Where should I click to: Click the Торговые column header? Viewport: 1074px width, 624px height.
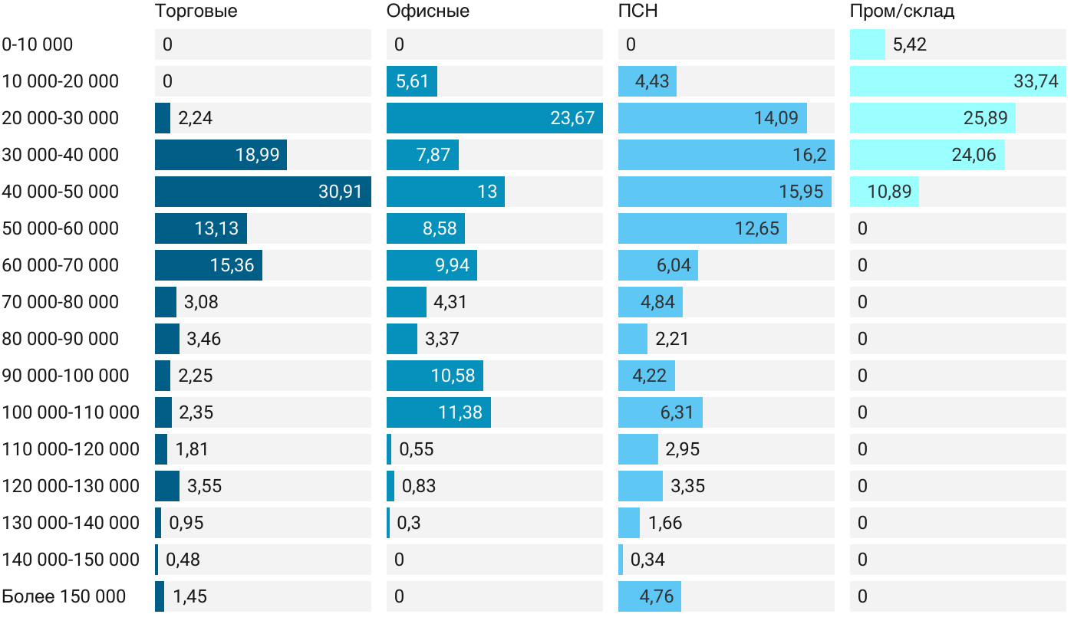tap(196, 11)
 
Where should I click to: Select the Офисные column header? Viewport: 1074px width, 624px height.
tap(428, 11)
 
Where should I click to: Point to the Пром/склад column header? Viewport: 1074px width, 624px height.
tap(902, 11)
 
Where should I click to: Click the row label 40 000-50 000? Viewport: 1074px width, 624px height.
tap(61, 192)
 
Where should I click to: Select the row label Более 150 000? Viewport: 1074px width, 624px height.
tap(64, 596)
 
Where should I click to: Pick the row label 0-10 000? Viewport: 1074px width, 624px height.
tap(38, 44)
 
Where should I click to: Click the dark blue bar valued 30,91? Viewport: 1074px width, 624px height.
tap(262, 192)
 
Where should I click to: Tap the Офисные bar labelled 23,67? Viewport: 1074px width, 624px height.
tap(494, 118)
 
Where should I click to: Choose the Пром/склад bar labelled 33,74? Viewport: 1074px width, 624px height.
tap(957, 81)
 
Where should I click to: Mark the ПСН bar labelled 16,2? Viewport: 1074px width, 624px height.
tap(726, 155)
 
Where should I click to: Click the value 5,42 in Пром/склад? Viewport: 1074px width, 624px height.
tap(910, 44)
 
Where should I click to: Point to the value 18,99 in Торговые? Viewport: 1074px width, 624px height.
tap(257, 155)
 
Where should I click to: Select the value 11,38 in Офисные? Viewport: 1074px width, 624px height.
tap(460, 412)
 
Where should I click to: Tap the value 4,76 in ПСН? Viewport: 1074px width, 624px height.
tap(657, 596)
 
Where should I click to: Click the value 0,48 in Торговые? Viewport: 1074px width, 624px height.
tap(183, 560)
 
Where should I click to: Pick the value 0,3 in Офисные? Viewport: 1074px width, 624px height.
tap(409, 523)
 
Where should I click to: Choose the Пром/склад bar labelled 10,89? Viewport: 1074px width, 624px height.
tap(884, 192)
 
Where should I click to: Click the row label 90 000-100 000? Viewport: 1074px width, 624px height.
tap(65, 376)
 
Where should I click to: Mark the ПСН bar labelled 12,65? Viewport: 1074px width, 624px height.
tap(702, 228)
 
